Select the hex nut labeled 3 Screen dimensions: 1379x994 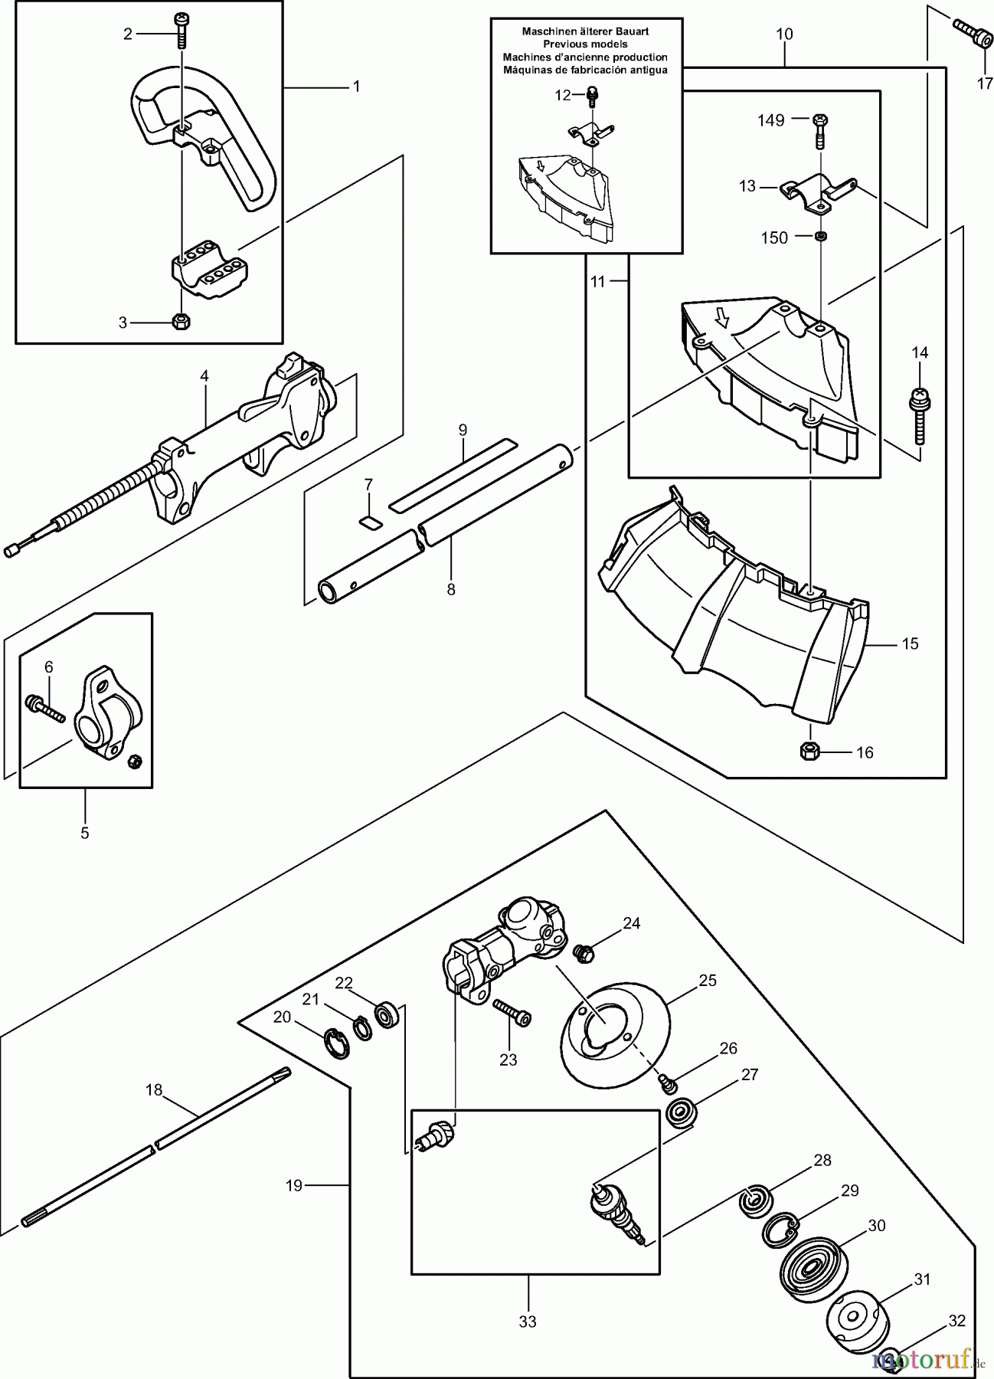181,321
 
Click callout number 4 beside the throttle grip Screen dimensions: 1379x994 204,376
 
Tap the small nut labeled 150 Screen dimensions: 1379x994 819,237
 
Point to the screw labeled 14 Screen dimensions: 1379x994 918,418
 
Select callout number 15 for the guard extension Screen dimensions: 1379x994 910,644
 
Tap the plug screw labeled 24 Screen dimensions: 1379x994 585,952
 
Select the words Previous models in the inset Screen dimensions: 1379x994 585,44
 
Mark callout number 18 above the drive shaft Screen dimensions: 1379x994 154,1090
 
